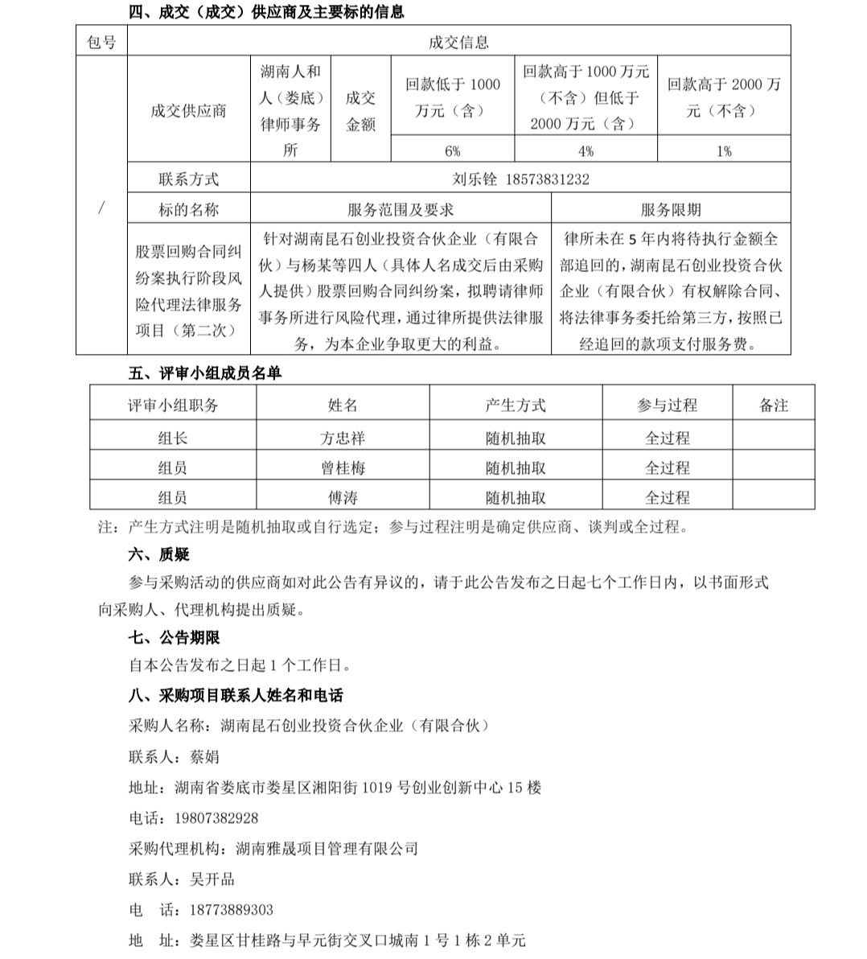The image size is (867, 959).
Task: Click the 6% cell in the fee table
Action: [452, 150]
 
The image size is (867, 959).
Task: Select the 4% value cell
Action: [586, 150]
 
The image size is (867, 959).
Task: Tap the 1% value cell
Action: [724, 150]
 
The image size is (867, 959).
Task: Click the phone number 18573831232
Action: [548, 179]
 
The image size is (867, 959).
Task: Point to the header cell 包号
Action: [101, 43]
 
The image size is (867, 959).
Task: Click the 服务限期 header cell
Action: [671, 210]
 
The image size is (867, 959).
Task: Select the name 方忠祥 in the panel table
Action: [343, 438]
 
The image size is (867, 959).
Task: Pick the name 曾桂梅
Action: [343, 468]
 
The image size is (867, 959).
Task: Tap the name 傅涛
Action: [343, 498]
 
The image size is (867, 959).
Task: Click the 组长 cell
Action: [173, 438]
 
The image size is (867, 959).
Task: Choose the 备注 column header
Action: [774, 405]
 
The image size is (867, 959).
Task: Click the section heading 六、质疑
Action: [158, 554]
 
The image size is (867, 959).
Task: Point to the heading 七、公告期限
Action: [174, 637]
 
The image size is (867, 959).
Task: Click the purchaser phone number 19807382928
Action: [216, 818]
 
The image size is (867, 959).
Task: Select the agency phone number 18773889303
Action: [231, 910]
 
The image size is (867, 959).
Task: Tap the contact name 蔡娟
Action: [204, 757]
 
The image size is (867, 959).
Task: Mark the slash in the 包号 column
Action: [101, 208]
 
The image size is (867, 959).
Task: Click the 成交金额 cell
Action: [360, 111]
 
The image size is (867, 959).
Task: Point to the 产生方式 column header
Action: [516, 405]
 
